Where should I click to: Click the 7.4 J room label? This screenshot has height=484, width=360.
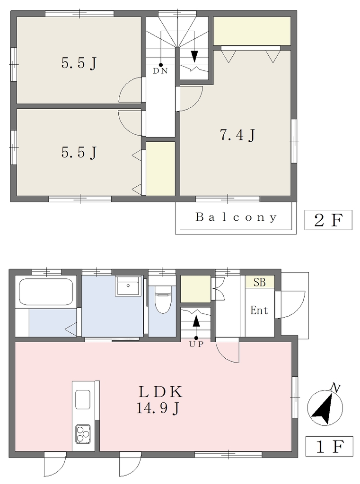(x=237, y=135)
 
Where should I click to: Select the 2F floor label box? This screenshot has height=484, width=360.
(x=328, y=220)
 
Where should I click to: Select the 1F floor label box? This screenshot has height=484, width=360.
(x=329, y=446)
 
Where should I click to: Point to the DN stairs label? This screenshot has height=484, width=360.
(x=160, y=71)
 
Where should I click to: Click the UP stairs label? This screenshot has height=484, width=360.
(x=196, y=345)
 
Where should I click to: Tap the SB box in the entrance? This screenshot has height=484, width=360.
(x=260, y=282)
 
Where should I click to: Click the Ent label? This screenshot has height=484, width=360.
(x=259, y=310)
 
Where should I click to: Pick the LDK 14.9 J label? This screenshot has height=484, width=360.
(x=159, y=400)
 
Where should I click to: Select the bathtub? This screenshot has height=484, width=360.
(x=46, y=292)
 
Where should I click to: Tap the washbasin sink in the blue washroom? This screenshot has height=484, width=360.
(x=128, y=286)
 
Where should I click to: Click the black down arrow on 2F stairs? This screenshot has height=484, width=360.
(x=194, y=56)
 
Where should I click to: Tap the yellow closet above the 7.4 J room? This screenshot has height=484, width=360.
(x=252, y=31)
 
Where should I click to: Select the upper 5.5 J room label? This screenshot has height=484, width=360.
(x=79, y=64)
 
